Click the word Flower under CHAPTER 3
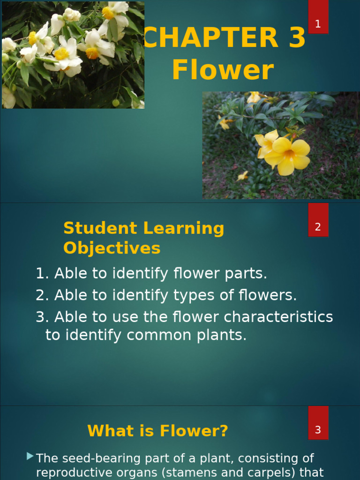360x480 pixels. (223, 70)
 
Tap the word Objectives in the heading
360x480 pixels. (112, 248)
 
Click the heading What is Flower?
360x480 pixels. (158, 431)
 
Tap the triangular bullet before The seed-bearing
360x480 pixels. (30, 456)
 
